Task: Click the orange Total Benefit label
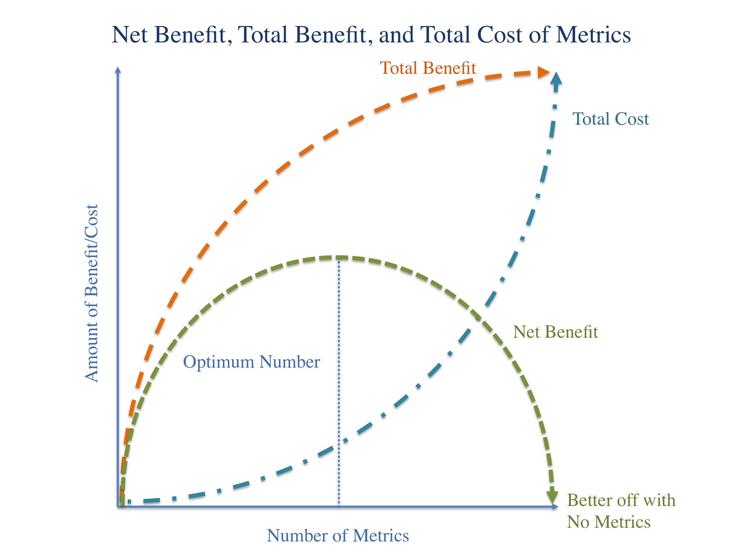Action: point(428,68)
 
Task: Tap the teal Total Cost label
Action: point(610,119)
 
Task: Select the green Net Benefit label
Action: point(555,332)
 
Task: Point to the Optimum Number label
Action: point(251,362)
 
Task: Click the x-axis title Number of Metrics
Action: point(338,535)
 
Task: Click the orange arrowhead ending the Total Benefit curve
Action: point(543,72)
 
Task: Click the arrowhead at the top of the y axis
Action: point(118,70)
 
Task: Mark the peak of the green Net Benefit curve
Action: point(338,258)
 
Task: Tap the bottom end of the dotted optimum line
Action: point(338,505)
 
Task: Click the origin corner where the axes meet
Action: point(118,506)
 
